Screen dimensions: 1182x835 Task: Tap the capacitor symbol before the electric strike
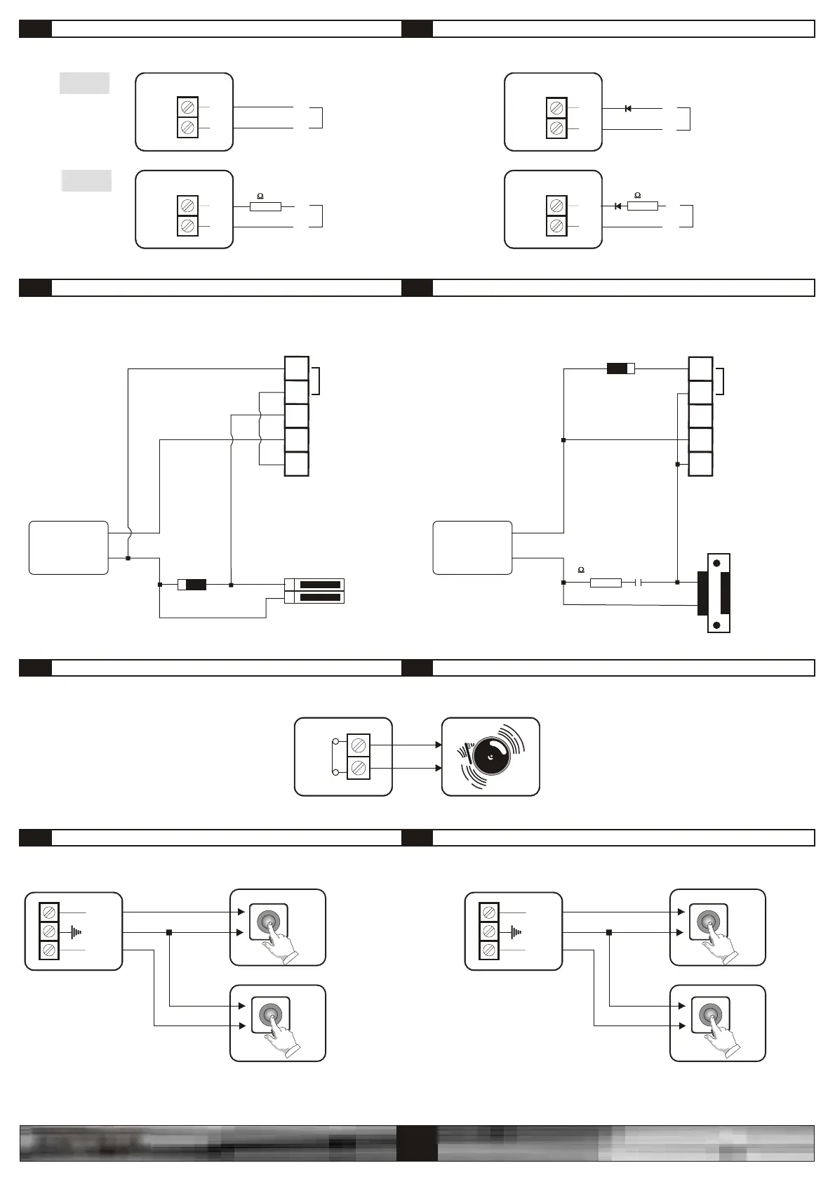(639, 583)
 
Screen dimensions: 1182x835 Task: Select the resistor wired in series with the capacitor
(606, 583)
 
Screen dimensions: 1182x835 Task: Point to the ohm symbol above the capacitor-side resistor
(580, 570)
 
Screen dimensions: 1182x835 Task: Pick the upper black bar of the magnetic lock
(320, 585)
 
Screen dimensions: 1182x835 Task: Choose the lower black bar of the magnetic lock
(320, 597)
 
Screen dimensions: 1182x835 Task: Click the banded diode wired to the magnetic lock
(192, 584)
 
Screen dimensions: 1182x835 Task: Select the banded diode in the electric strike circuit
(620, 368)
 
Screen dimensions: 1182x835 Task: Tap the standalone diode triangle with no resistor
(628, 109)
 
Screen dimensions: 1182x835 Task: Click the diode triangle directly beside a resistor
(617, 206)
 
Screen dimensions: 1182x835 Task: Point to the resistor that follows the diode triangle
(642, 206)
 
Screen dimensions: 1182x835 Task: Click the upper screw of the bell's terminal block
(359, 744)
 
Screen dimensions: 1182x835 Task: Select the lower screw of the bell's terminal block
(359, 769)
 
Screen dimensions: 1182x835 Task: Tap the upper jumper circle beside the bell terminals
(335, 741)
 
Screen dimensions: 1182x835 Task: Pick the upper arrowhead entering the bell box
(439, 745)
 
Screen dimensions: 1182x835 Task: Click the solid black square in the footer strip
(417, 1143)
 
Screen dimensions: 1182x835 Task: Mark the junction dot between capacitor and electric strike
(677, 583)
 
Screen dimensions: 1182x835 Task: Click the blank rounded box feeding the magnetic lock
(69, 547)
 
